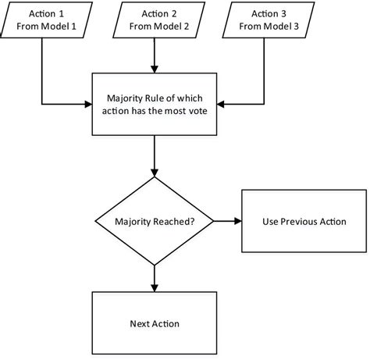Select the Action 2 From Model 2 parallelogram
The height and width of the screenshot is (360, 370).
click(156, 21)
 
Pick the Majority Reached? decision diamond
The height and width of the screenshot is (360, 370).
click(156, 222)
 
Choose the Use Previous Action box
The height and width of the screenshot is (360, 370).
click(304, 222)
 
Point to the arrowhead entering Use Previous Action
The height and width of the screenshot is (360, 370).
click(238, 222)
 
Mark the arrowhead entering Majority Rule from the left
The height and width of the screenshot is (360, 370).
click(88, 102)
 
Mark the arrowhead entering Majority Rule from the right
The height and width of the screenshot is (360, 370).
click(225, 102)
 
